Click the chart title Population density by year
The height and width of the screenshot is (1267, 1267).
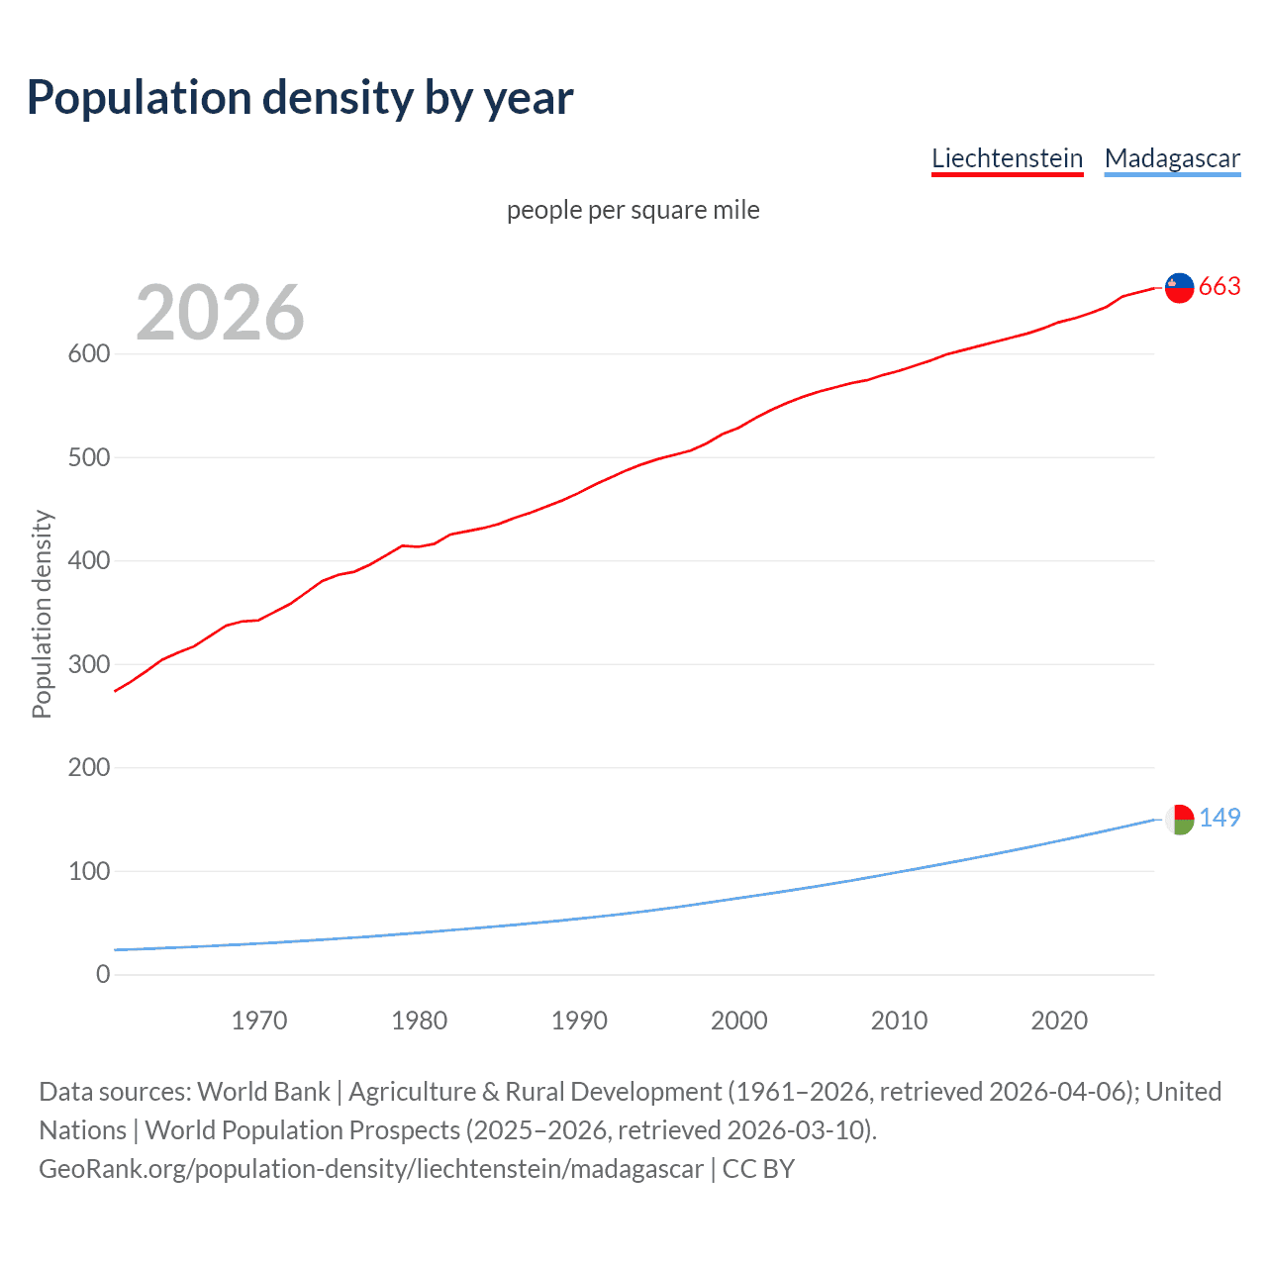click(300, 98)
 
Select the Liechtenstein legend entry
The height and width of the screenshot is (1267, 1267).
click(1007, 158)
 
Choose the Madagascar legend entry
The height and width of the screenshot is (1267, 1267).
click(1172, 158)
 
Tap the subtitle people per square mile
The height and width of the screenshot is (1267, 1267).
click(633, 210)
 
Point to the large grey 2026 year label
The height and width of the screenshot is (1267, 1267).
click(220, 312)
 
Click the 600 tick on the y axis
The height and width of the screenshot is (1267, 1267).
click(88, 354)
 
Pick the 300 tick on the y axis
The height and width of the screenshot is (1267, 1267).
click(88, 664)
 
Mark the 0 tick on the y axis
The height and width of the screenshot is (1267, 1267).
click(103, 974)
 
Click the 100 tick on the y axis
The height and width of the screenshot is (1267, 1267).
click(88, 871)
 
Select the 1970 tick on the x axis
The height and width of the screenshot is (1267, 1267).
click(259, 1021)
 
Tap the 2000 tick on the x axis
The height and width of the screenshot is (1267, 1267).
click(739, 1021)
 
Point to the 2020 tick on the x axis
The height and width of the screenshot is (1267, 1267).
click(1059, 1021)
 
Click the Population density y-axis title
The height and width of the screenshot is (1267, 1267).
click(42, 614)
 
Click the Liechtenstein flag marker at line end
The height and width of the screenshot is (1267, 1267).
click(1179, 287)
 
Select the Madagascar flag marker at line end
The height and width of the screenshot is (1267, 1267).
click(1179, 819)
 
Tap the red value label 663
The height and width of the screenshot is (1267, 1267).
click(1219, 287)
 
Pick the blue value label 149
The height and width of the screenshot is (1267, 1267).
click(1219, 818)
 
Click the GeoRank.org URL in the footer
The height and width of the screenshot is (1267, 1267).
click(371, 1169)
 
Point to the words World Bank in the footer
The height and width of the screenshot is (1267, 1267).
click(263, 1092)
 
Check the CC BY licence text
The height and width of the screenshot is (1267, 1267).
click(758, 1169)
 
